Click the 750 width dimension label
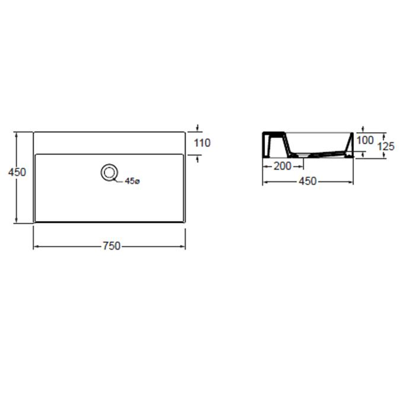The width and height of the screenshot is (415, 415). (111, 246)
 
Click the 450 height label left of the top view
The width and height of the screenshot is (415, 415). (17, 173)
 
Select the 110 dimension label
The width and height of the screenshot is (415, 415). (202, 143)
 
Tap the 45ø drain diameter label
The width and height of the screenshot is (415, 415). (132, 181)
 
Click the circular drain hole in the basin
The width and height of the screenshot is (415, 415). (109, 173)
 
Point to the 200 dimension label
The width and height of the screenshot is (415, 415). (282, 166)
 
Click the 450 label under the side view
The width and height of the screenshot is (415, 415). (308, 181)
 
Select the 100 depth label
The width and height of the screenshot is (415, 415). (365, 140)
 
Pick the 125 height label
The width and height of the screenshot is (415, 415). (385, 146)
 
